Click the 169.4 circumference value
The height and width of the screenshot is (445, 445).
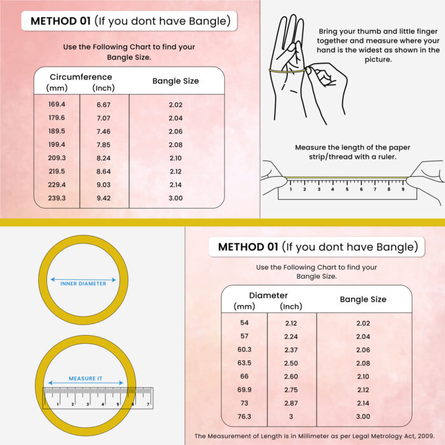click(x=57, y=104)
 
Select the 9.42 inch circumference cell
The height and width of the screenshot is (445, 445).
click(x=103, y=198)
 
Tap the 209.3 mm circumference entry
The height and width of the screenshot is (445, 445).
click(x=57, y=158)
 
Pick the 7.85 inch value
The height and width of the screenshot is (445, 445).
click(x=103, y=144)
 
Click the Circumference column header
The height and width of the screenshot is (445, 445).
click(x=80, y=78)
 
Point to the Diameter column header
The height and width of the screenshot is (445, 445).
click(x=268, y=295)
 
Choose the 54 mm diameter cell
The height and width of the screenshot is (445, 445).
click(x=244, y=323)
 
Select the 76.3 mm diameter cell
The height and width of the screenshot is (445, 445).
click(x=244, y=416)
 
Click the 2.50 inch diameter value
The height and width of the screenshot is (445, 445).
click(x=292, y=363)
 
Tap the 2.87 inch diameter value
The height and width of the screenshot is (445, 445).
click(x=292, y=403)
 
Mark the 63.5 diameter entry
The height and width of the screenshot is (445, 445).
click(x=244, y=363)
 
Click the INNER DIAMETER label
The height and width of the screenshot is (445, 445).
click(x=83, y=284)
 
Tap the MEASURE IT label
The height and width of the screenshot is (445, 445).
click(x=85, y=378)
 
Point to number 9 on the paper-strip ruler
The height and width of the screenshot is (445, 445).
click(x=402, y=189)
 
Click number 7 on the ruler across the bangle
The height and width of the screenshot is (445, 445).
click(x=148, y=404)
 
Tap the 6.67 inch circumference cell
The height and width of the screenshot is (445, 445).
click(x=103, y=104)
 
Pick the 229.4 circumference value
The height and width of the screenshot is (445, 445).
click(x=57, y=184)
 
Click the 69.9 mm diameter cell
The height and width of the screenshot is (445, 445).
click(x=244, y=390)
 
